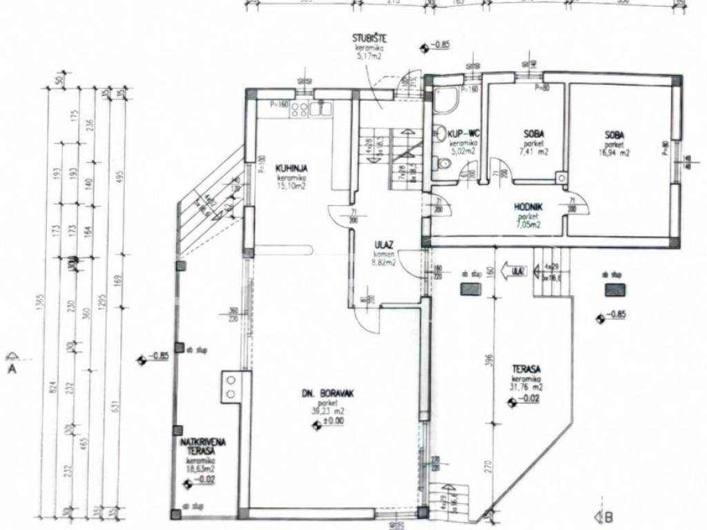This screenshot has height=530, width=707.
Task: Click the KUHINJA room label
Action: click(x=291, y=168)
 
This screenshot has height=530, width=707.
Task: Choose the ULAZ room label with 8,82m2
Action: click(x=384, y=244)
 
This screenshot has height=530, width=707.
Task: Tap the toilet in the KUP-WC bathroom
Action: click(x=443, y=163)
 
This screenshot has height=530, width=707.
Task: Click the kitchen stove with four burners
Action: click(x=299, y=108)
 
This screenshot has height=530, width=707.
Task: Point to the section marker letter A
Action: click(x=11, y=369)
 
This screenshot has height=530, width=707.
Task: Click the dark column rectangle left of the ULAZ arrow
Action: click(x=470, y=288)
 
